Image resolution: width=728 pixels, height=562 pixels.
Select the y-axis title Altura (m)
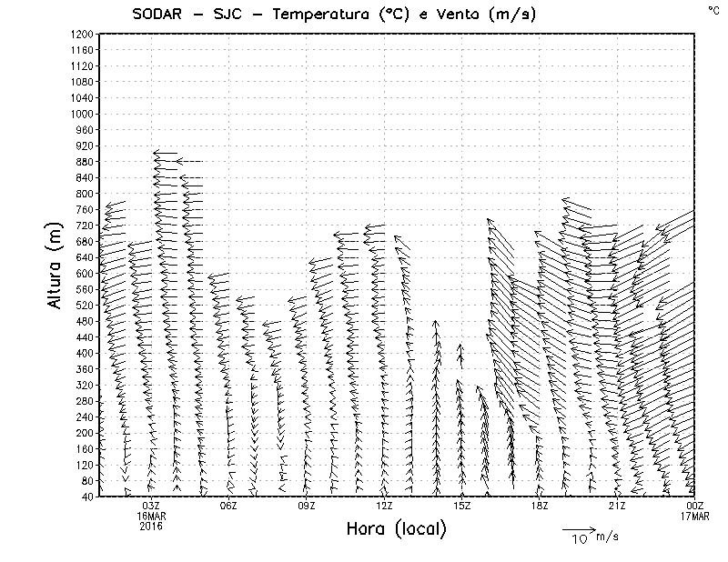[x=56, y=268]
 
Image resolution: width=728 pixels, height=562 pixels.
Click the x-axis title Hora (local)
[x=396, y=529]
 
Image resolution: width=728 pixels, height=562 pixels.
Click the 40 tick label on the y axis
[x=88, y=497]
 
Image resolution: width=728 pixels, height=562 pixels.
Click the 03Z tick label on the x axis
[x=151, y=506]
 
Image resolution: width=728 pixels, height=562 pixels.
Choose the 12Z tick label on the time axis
[x=384, y=506]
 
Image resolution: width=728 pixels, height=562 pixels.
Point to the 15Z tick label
[x=462, y=506]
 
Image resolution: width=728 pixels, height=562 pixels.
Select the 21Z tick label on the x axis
[x=617, y=506]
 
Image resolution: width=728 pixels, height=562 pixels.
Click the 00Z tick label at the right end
[x=695, y=506]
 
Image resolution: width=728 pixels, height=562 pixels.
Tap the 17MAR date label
[x=695, y=516]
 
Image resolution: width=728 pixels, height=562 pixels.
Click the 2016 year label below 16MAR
[x=151, y=526]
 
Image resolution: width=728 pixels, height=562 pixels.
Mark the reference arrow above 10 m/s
[x=578, y=528]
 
